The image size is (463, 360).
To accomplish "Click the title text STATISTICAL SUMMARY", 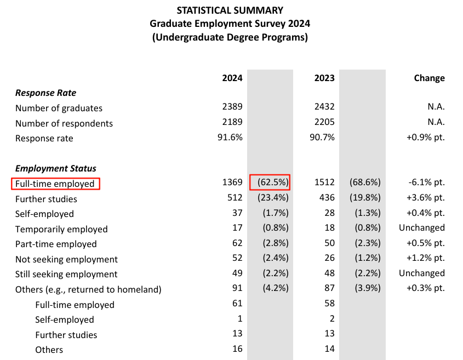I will [x=230, y=10].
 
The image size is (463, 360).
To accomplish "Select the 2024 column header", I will [x=232, y=78].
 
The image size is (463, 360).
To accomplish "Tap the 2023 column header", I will [x=324, y=78].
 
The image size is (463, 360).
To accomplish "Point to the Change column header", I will [x=429, y=78].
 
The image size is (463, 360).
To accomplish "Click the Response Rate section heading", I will [x=45, y=93].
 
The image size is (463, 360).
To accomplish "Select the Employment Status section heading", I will [x=56, y=169].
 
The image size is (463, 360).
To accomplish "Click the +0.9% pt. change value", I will [x=425, y=138].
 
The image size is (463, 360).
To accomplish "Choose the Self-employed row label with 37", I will [x=44, y=214].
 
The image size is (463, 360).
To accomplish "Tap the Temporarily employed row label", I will [x=61, y=229].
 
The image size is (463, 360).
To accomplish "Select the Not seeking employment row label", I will [x=66, y=259].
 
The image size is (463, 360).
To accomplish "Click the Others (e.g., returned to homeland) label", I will [x=88, y=289].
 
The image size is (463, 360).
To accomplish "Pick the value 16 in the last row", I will [x=237, y=350].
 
